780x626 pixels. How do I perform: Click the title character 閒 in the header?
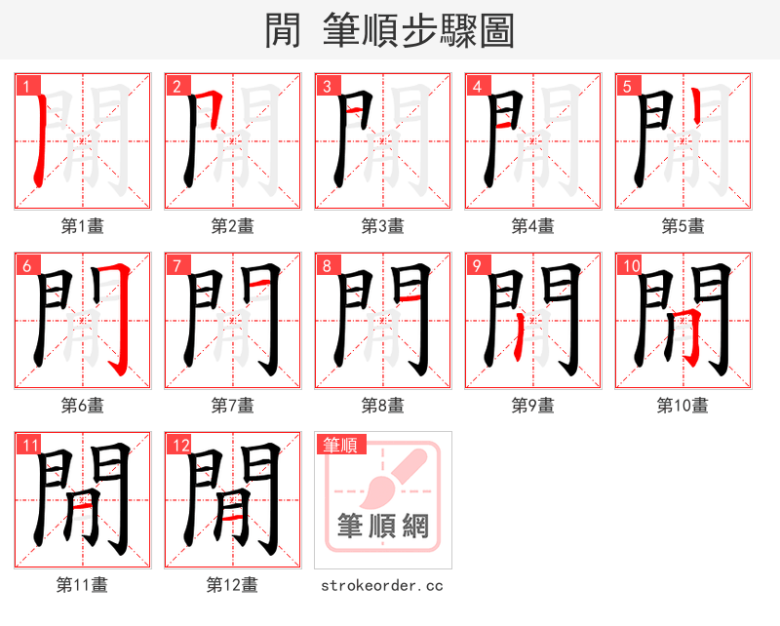[x=283, y=31]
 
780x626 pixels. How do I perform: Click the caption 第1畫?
[x=82, y=226]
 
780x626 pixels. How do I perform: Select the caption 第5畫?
[x=682, y=226]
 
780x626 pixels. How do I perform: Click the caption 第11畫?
[x=82, y=585]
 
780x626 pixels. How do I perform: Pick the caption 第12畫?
[x=232, y=585]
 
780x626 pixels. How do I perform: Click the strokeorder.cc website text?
[x=382, y=585]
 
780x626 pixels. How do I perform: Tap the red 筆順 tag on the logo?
[x=340, y=445]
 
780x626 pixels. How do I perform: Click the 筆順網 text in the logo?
[x=383, y=527]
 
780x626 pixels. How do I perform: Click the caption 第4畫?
[x=532, y=226]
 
